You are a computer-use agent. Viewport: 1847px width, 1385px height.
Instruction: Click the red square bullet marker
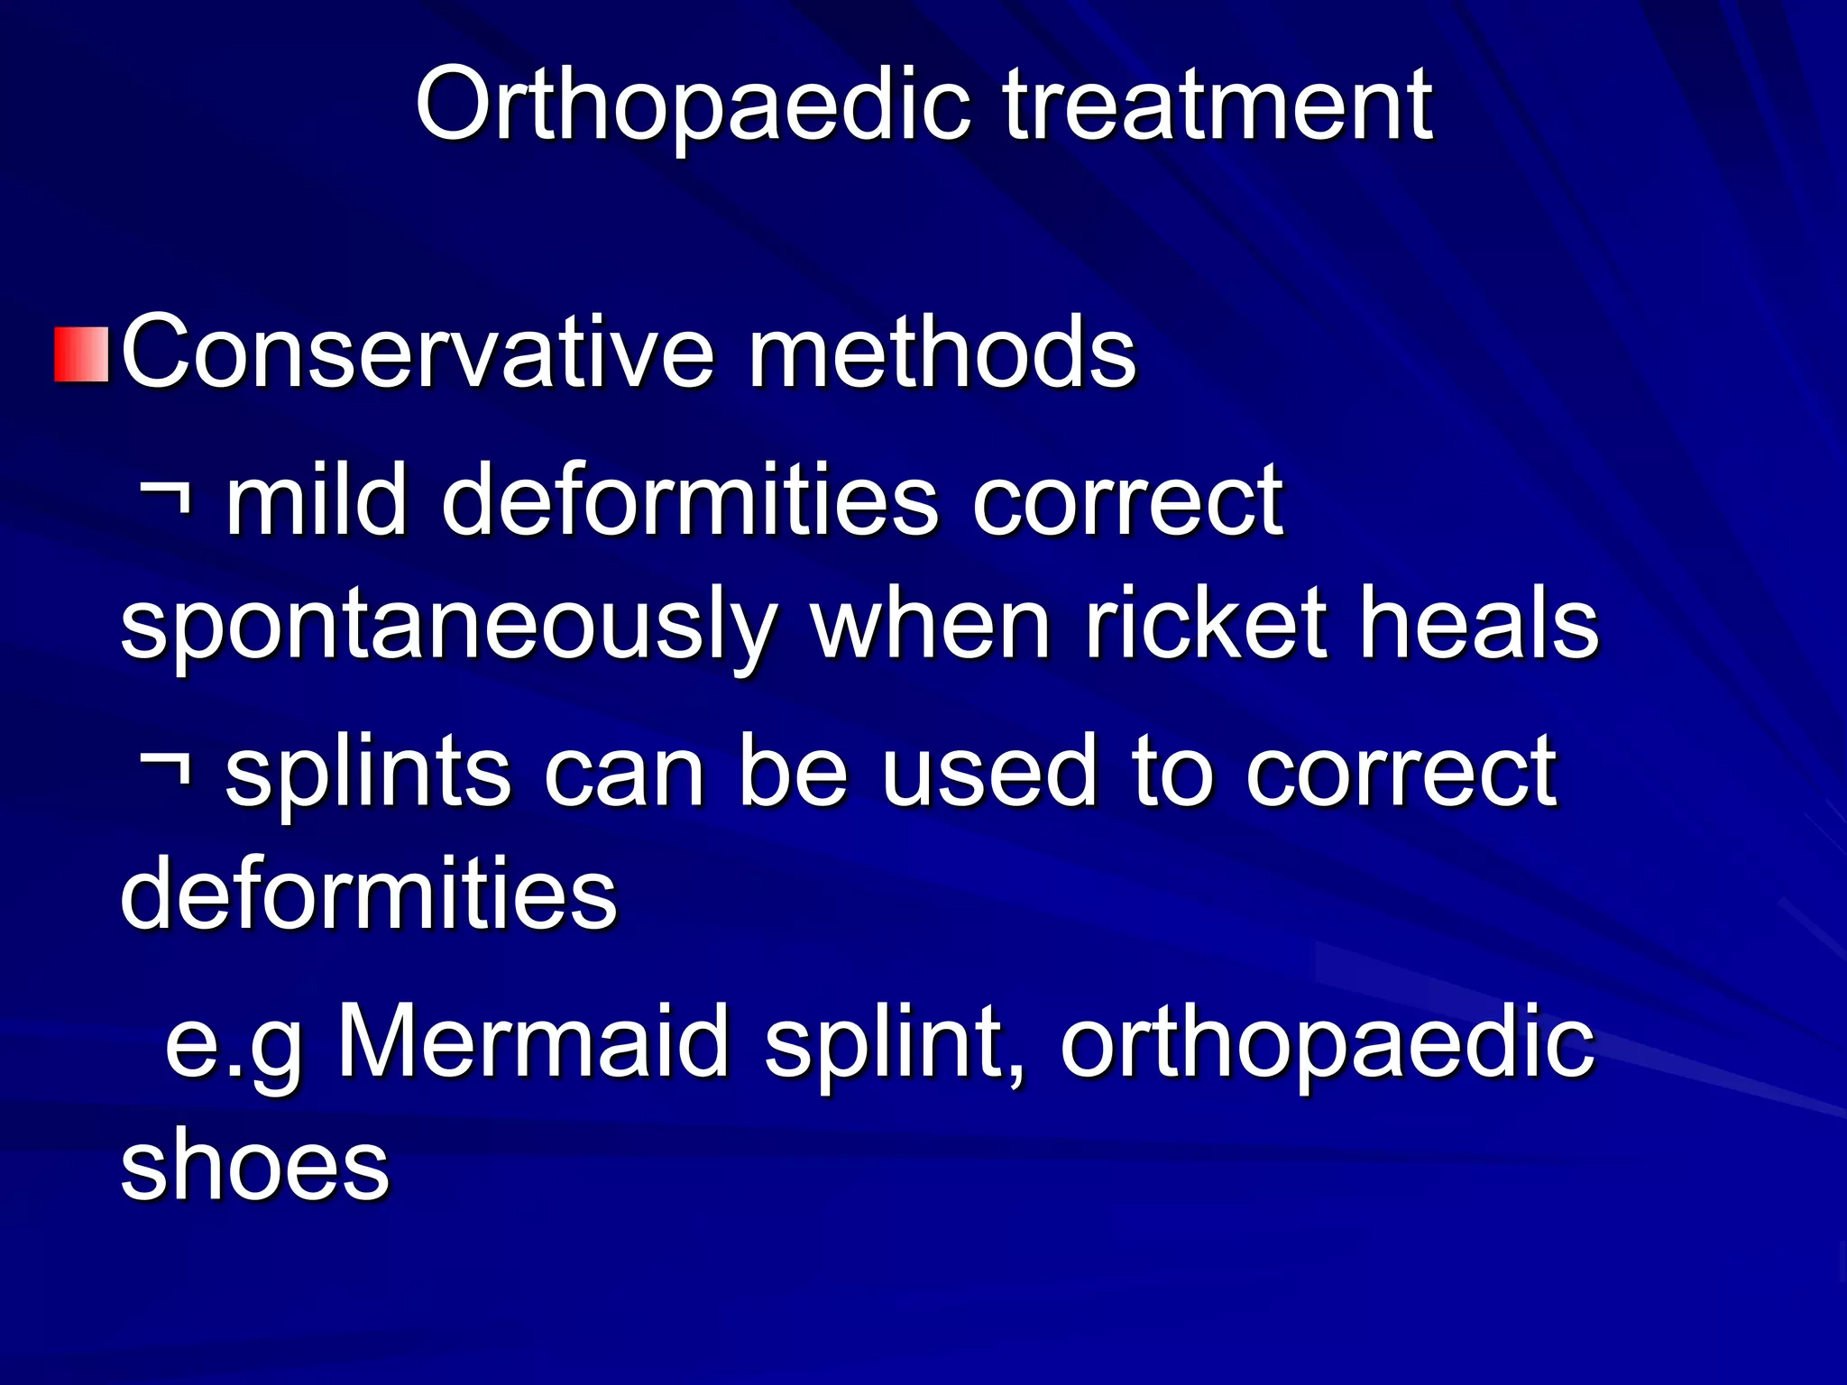tap(82, 354)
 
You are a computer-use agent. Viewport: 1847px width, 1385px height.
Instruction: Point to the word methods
tap(942, 353)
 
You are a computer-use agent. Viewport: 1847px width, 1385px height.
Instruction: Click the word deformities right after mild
tap(690, 499)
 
